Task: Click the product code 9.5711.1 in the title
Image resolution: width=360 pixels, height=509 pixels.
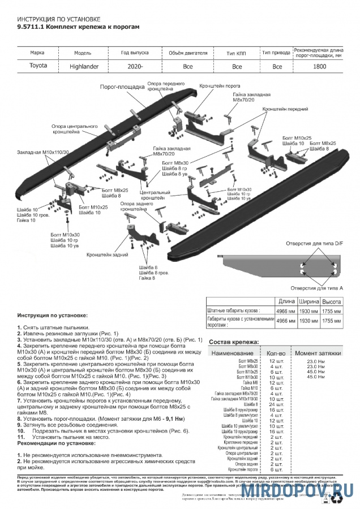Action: point(30,26)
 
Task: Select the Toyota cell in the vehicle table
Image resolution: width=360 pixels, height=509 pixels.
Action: point(38,66)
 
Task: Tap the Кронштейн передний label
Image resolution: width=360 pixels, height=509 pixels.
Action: point(281,109)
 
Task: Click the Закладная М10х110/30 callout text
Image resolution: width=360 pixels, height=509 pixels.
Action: point(43,152)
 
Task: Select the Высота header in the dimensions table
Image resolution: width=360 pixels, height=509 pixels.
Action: point(331,301)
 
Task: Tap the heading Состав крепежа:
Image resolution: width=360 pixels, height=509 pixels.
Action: point(234,342)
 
